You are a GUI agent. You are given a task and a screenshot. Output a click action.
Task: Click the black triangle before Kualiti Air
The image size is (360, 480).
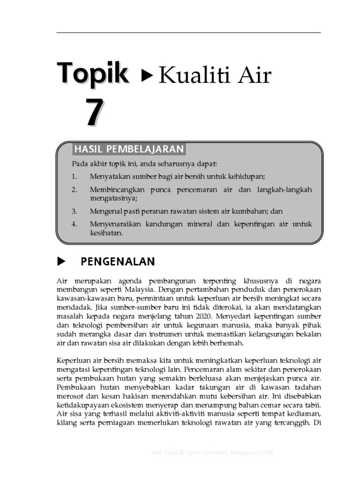pos(147,75)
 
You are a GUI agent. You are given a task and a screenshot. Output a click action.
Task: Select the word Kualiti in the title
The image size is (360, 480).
pos(189,75)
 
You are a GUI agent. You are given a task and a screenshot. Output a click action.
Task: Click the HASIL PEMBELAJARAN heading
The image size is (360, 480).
pos(128,149)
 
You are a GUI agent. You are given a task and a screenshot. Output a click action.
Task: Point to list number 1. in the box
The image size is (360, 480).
pos(74,176)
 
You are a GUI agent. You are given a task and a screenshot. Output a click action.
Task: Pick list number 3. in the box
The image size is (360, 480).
pos(74,211)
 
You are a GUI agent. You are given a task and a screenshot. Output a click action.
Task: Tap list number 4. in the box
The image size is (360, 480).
pos(74,224)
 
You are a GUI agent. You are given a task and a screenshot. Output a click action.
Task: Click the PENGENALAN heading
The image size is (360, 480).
pos(118,262)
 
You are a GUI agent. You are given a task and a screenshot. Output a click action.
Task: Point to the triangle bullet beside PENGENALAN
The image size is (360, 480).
pos(60,261)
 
